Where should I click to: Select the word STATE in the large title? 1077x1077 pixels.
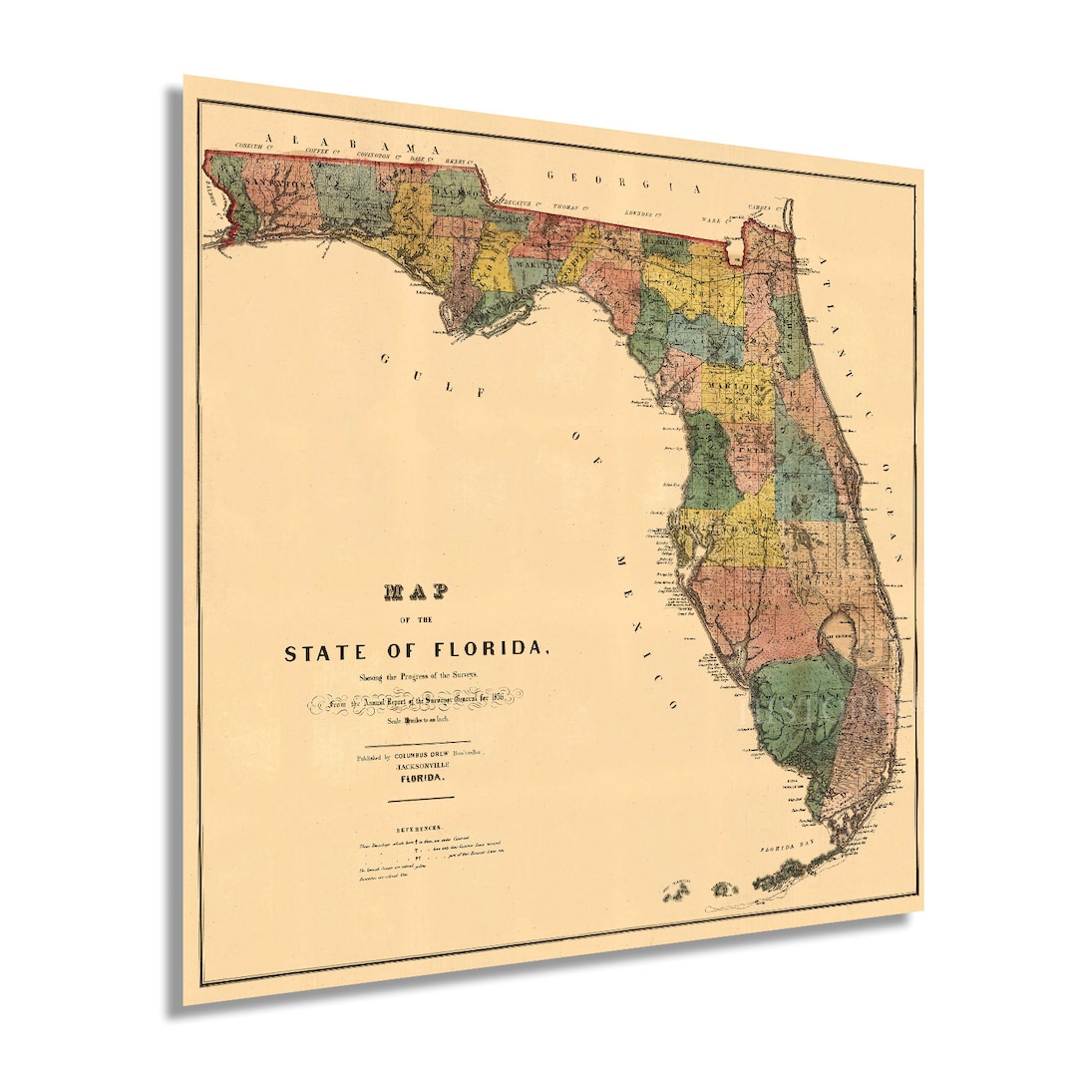[324, 654]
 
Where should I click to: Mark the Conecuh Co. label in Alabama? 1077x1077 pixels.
[250, 147]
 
